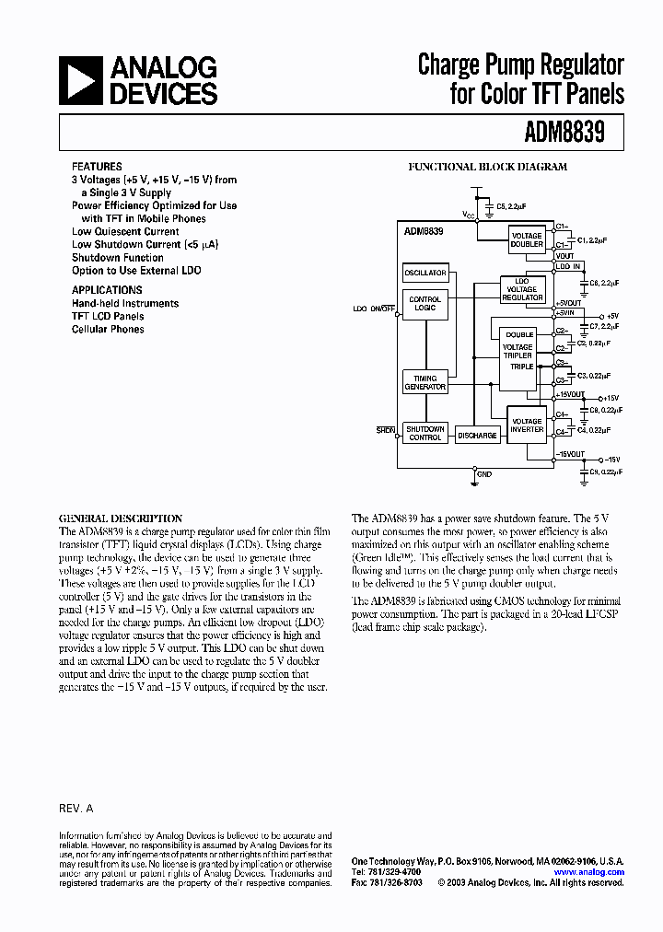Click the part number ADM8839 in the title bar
pyautogui.click(x=564, y=133)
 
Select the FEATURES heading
pyautogui.click(x=97, y=167)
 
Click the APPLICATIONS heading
pyautogui.click(x=107, y=289)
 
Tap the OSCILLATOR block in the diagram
pyautogui.click(x=425, y=273)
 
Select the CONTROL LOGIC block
pyautogui.click(x=425, y=303)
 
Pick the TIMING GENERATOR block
pyautogui.click(x=425, y=382)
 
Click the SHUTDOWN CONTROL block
pyautogui.click(x=425, y=433)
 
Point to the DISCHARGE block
pyautogui.click(x=477, y=436)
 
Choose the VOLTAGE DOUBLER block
pyautogui.click(x=527, y=239)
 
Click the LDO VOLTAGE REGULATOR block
pyautogui.click(x=522, y=289)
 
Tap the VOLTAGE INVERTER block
pyautogui.click(x=527, y=425)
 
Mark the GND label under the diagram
pyautogui.click(x=484, y=474)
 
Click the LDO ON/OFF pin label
pyautogui.click(x=372, y=309)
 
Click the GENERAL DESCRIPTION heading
pyautogui.click(x=121, y=518)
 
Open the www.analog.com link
pyautogui.click(x=589, y=871)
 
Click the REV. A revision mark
pyautogui.click(x=76, y=807)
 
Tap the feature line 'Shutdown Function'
pyautogui.click(x=118, y=258)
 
